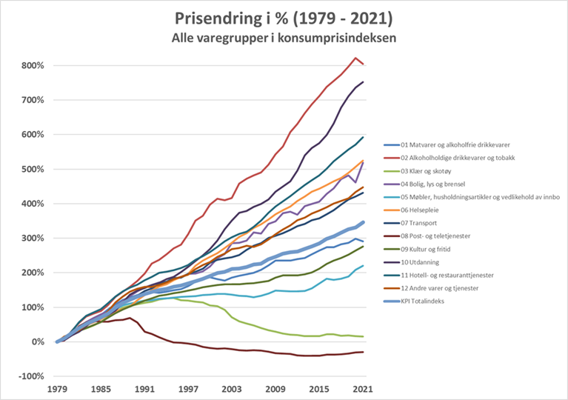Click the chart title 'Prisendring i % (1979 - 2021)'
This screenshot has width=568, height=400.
tap(284, 17)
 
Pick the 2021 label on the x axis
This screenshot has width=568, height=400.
tap(362, 389)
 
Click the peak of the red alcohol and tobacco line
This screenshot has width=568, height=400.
tap(355, 58)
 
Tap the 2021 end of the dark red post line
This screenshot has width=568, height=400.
tap(362, 352)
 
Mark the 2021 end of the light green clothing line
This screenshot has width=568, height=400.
tap(362, 336)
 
